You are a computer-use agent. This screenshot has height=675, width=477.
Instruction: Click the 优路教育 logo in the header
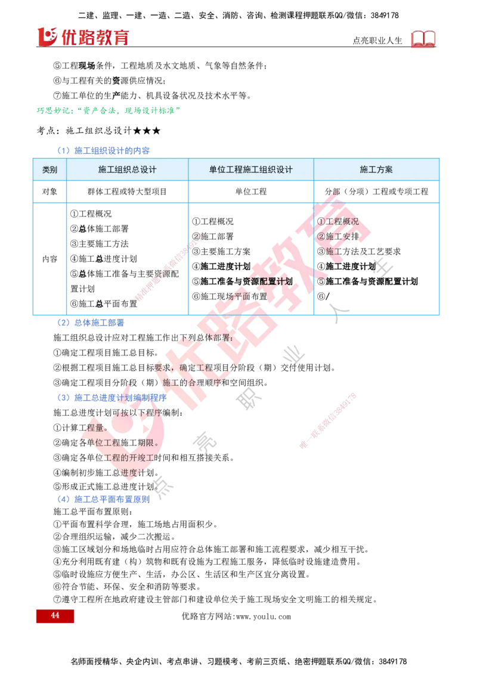point(83,37)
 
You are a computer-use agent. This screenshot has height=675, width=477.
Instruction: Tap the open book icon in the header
point(423,39)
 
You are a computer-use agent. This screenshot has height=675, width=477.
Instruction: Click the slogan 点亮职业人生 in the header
point(377,41)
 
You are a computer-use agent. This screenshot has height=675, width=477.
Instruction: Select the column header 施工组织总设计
point(128,169)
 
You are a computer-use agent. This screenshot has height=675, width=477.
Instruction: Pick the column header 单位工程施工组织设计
point(251,169)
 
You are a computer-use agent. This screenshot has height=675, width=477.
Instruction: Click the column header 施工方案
point(376,169)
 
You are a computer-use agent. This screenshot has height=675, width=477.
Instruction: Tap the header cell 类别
point(50,169)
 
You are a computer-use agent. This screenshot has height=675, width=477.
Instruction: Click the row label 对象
point(50,191)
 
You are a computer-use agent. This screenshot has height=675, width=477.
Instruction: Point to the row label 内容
point(50,259)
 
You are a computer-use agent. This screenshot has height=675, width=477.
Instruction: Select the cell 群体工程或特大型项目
point(128,191)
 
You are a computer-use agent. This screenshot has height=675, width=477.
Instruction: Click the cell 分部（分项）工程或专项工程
point(376,191)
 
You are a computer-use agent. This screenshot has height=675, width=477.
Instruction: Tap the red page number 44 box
point(55,615)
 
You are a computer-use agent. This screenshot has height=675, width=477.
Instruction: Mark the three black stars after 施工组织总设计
point(147,131)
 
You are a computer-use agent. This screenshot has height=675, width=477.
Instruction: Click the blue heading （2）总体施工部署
point(90,323)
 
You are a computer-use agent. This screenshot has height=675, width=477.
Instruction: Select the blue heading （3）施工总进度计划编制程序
point(111,398)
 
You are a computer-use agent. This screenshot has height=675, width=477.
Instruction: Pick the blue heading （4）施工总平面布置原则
point(103,499)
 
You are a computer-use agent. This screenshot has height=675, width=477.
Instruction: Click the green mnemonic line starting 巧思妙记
point(109,111)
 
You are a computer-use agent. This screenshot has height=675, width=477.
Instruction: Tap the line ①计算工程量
point(80,428)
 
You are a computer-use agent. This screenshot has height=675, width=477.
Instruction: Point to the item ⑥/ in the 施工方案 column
point(323,296)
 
